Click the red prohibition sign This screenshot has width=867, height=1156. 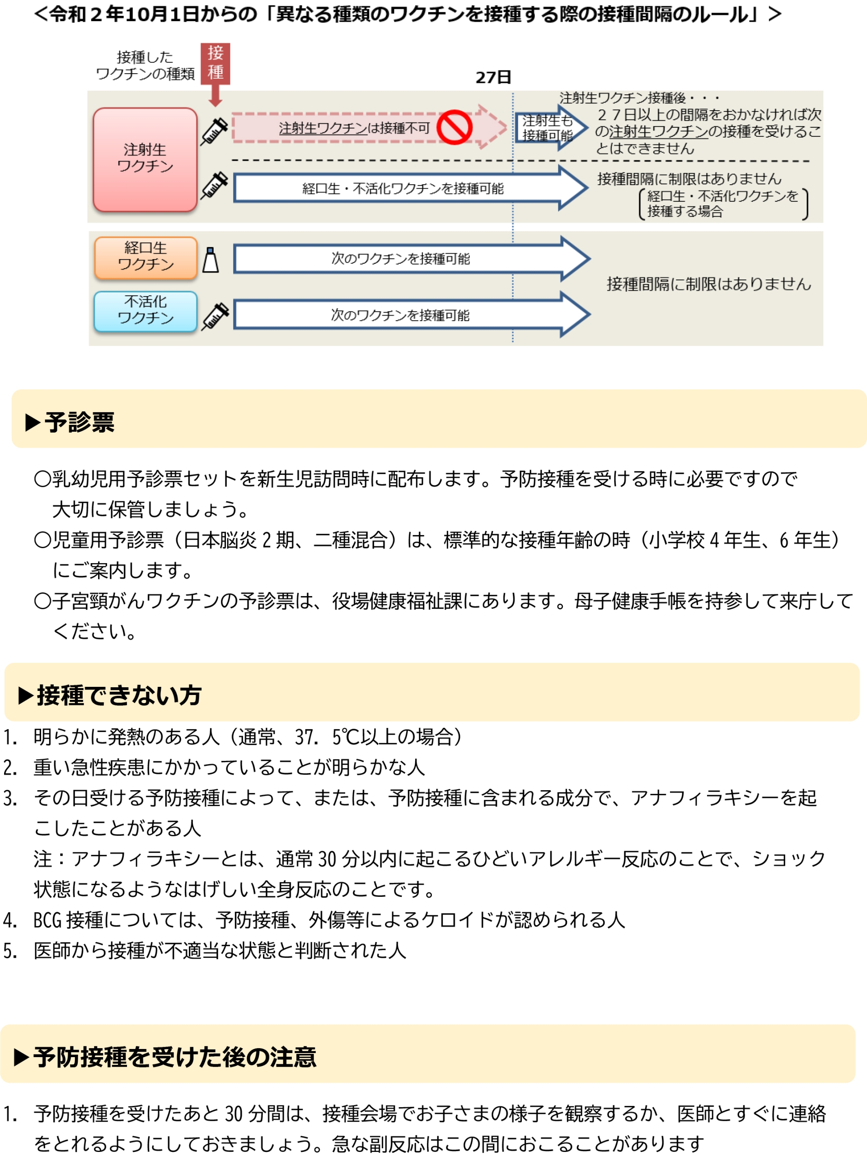point(454,127)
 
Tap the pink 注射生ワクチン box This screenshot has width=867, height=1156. point(145,159)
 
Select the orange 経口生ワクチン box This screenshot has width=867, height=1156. point(145,256)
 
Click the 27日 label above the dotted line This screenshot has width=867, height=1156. point(492,77)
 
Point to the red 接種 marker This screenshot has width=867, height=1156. point(215,63)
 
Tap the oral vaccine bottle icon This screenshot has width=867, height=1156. point(210,260)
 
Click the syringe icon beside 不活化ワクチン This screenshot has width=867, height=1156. point(216,316)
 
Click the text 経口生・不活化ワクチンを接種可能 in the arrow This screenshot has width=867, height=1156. point(402,189)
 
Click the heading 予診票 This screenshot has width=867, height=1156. point(79,422)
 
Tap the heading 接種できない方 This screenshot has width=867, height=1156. point(119,695)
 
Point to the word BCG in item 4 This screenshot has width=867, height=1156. point(47,920)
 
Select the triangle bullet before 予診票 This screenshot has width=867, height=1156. point(33,422)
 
